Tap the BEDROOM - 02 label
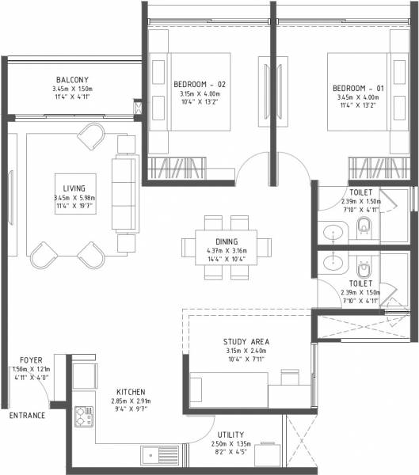[x=200, y=84]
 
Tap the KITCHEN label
[x=130, y=392]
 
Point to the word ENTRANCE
[x=27, y=416]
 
